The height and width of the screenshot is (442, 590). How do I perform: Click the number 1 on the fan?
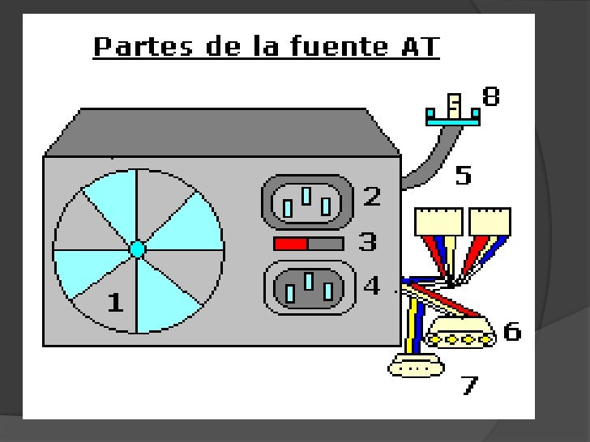pos(116,302)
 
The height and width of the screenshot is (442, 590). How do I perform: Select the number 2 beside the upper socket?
pos(372,196)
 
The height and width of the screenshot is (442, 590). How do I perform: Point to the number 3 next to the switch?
pos(367,241)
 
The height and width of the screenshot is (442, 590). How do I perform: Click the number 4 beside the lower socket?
pos(371,286)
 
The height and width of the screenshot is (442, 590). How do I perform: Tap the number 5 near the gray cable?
pos(463,176)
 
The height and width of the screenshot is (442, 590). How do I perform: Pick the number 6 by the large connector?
pos(512,331)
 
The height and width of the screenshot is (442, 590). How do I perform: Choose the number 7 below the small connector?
pos(469,385)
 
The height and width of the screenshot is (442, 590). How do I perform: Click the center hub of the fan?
pos(137,249)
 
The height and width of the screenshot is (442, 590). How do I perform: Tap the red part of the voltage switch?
pos(290,243)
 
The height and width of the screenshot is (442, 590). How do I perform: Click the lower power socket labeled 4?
pos(309,287)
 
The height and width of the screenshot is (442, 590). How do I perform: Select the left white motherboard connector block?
pos(438,220)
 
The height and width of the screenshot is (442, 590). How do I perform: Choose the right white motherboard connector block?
pos(491,220)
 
